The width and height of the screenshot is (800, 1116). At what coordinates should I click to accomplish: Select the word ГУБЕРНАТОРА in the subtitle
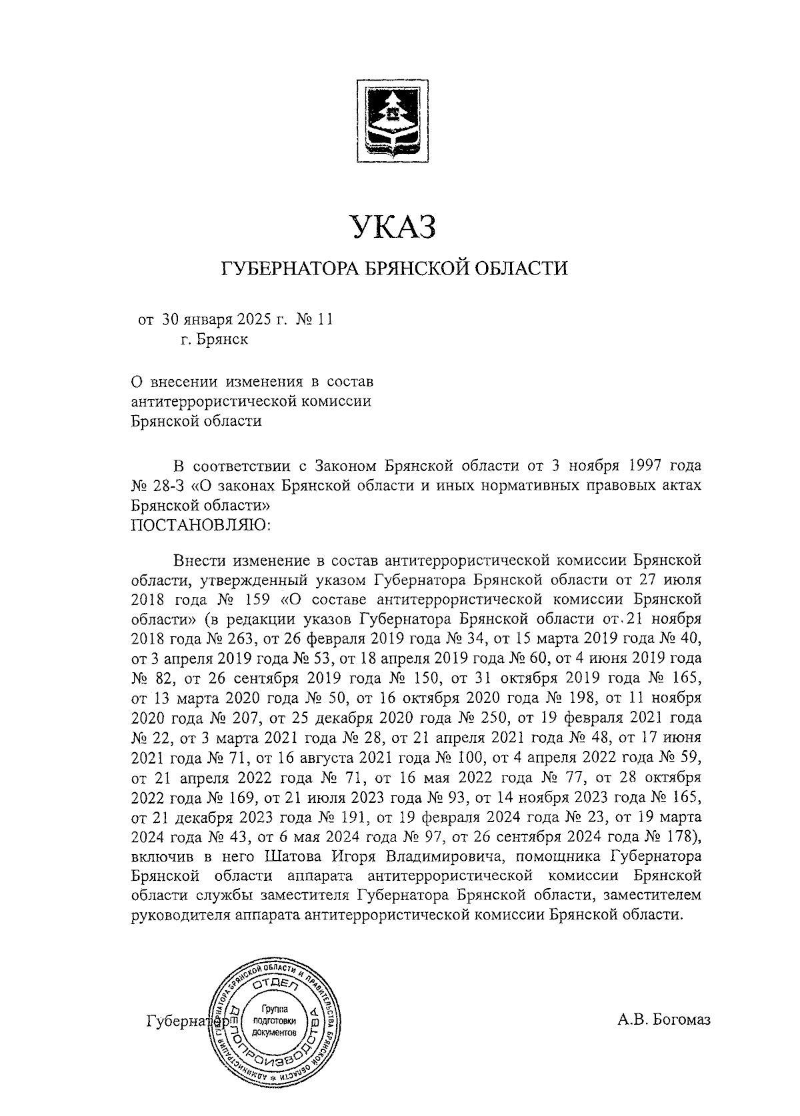[286, 269]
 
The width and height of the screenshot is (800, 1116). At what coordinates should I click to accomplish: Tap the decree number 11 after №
[324, 320]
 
